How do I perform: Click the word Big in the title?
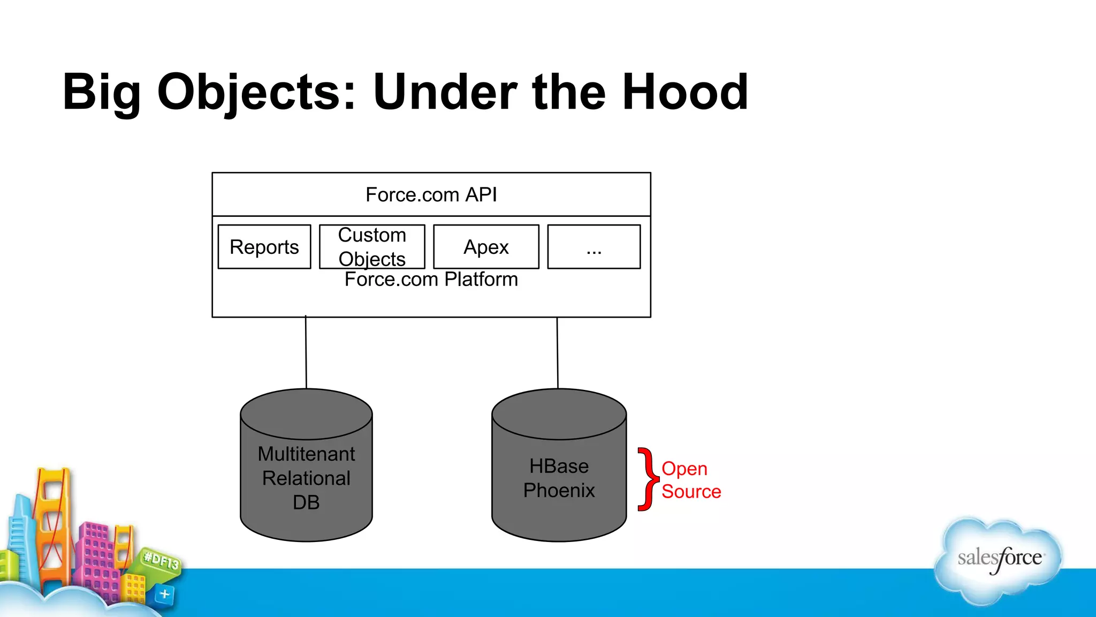click(x=102, y=92)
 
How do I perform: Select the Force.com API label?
click(x=431, y=195)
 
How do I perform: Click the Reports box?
click(x=264, y=247)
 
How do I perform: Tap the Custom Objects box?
click(x=372, y=247)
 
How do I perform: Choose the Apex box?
click(x=486, y=247)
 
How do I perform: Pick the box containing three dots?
click(x=594, y=247)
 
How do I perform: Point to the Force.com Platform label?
click(x=431, y=280)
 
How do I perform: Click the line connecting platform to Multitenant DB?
click(x=306, y=353)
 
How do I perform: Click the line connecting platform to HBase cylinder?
click(x=558, y=353)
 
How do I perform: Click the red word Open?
click(x=684, y=469)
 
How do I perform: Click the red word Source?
click(x=691, y=492)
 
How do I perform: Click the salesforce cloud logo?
click(x=999, y=560)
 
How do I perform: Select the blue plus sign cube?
click(x=164, y=594)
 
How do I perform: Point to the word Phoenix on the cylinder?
click(x=559, y=491)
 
